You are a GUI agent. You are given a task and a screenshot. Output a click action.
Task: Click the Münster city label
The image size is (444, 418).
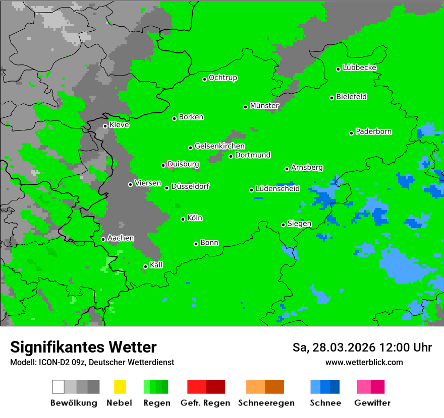coord(264,106)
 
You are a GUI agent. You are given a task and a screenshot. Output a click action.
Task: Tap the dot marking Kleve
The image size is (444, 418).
coord(105,126)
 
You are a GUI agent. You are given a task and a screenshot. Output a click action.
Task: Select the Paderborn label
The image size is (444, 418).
coord(373,131)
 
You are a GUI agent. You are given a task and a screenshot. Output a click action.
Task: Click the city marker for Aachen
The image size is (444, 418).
coord(103,239)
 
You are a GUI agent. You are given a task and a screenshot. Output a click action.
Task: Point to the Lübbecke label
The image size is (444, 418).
coord(359,67)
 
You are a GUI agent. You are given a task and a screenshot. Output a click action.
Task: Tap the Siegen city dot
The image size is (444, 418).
coord(283,225)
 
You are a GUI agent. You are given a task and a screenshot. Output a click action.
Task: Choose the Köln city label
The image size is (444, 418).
coord(195,218)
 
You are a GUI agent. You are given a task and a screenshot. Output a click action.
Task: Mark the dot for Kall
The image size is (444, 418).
coord(145,266)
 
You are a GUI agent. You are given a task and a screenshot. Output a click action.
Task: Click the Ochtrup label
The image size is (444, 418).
coord(223,78)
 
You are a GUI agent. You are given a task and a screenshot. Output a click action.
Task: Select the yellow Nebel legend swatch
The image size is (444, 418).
coord(120,387)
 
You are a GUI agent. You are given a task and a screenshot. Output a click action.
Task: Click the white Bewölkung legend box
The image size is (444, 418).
coord(59,387)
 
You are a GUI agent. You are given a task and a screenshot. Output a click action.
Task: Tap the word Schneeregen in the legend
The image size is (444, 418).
coord(266,403)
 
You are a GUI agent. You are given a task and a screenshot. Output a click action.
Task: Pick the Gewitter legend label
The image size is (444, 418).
coord(372,403)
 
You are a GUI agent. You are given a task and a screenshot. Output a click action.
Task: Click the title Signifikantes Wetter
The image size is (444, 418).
coord(83,347)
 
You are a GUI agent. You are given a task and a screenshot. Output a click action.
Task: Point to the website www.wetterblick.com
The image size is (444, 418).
coord(364,362)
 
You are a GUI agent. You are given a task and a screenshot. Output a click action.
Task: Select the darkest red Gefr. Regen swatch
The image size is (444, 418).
coord(215,387)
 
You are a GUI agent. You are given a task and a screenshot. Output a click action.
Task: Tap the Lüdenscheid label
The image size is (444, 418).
coord(277,189)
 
